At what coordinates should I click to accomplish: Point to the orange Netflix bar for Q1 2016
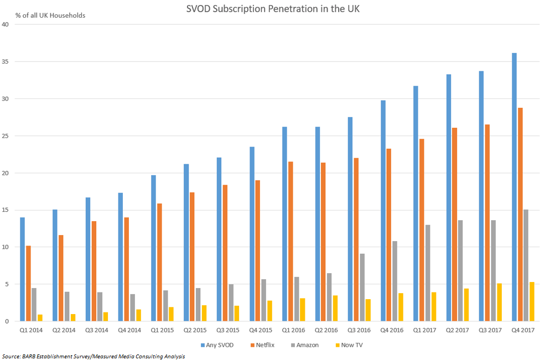[290, 241]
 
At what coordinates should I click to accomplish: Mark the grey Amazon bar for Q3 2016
[361, 288]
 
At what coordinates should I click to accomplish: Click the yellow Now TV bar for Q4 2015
[269, 311]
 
